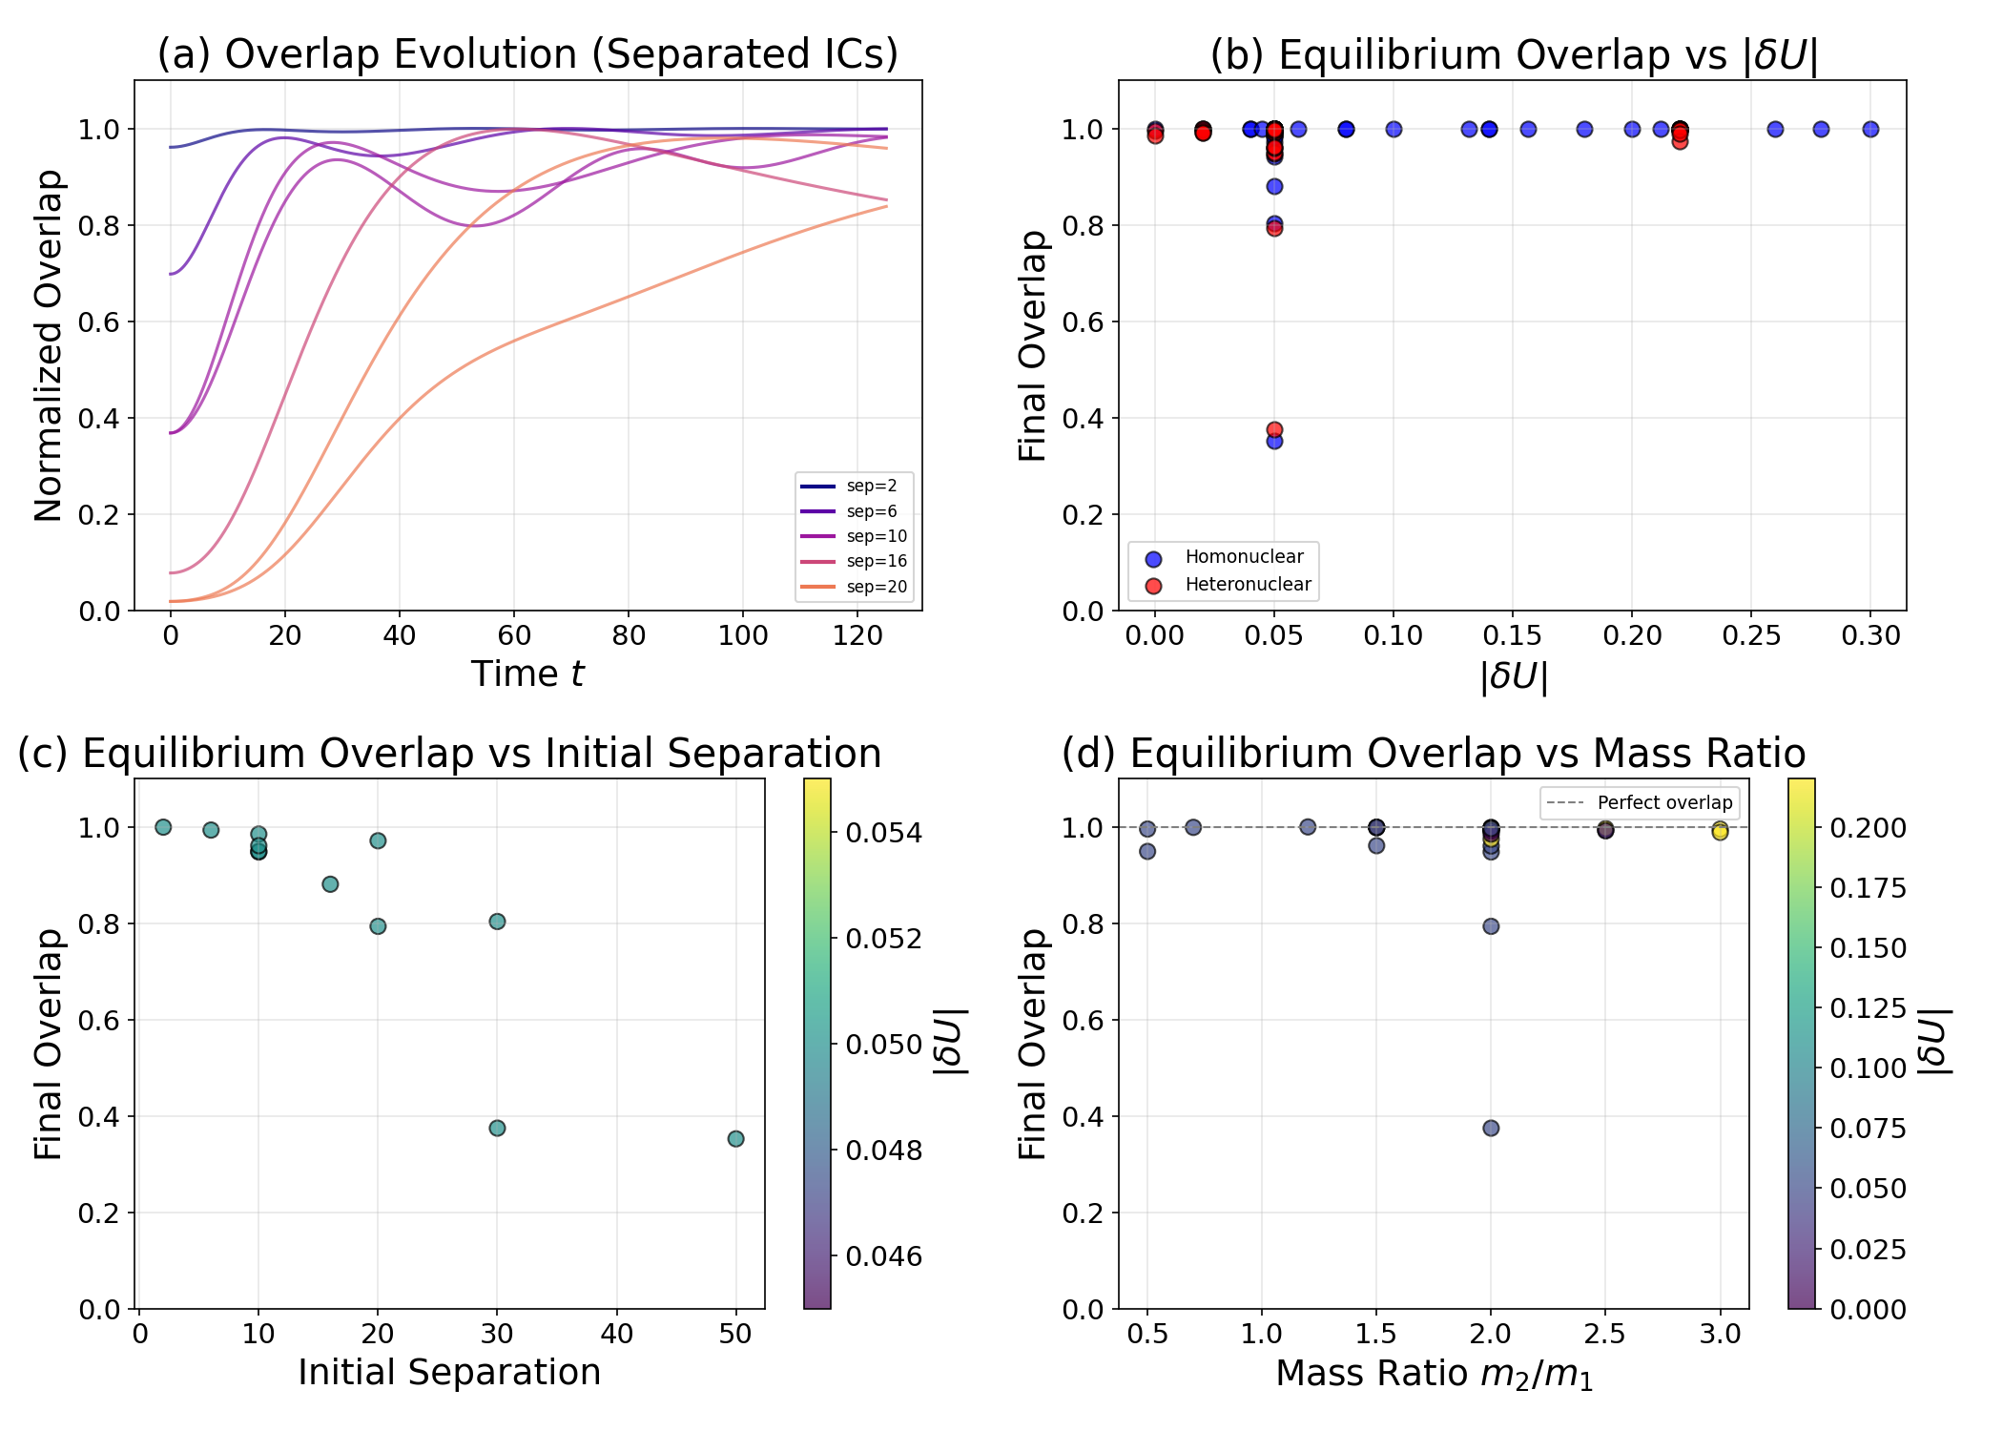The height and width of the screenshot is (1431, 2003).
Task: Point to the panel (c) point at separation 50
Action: click(x=735, y=1139)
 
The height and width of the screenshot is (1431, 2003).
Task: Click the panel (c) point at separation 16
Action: click(x=330, y=884)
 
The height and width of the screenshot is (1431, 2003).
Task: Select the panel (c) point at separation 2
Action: click(x=163, y=827)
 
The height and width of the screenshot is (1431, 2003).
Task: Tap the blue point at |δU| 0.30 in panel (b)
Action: click(x=1870, y=130)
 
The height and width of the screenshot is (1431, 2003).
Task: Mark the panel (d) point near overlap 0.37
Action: click(x=1491, y=1129)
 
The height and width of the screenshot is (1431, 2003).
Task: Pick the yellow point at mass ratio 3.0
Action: click(x=1720, y=832)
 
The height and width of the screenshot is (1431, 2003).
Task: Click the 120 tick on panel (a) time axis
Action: click(x=857, y=636)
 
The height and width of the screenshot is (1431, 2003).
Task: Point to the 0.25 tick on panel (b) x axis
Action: click(x=1751, y=636)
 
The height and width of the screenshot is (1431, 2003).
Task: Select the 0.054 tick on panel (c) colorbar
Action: click(x=884, y=833)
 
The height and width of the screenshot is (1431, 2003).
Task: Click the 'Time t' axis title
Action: click(x=527, y=674)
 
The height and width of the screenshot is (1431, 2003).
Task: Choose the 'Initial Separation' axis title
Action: click(x=449, y=1373)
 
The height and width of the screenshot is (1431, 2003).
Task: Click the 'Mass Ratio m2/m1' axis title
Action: click(x=1434, y=1375)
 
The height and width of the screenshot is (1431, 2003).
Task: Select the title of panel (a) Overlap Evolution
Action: click(x=527, y=54)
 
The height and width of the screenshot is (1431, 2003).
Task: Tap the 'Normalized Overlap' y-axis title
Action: click(x=49, y=345)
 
